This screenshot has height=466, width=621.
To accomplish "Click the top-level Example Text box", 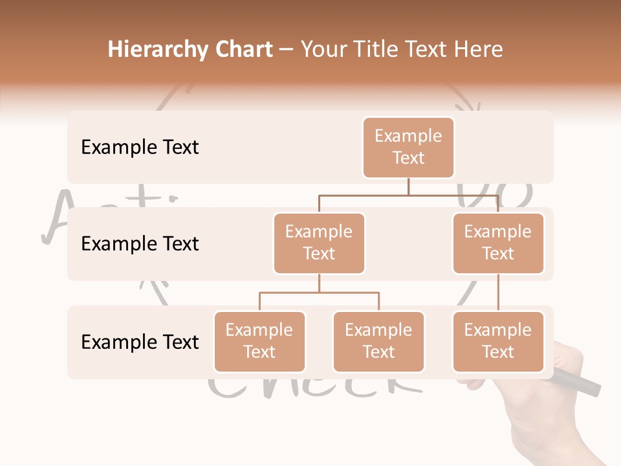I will click(408, 147).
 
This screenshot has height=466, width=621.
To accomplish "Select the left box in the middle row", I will click(319, 243).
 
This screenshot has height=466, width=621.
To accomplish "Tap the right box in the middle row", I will click(498, 243).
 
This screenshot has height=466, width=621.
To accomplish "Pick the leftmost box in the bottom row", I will click(259, 341).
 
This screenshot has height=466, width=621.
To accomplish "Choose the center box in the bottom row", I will click(378, 341).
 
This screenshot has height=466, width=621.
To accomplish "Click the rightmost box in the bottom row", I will click(498, 341).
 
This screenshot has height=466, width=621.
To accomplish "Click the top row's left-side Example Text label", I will click(140, 148).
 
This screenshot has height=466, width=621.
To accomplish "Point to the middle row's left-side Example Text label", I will click(140, 244).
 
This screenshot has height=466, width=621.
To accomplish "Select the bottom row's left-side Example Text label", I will click(140, 342).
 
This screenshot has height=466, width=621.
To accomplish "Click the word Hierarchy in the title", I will click(158, 50).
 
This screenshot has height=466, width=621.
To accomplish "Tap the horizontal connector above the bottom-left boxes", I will click(319, 293).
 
